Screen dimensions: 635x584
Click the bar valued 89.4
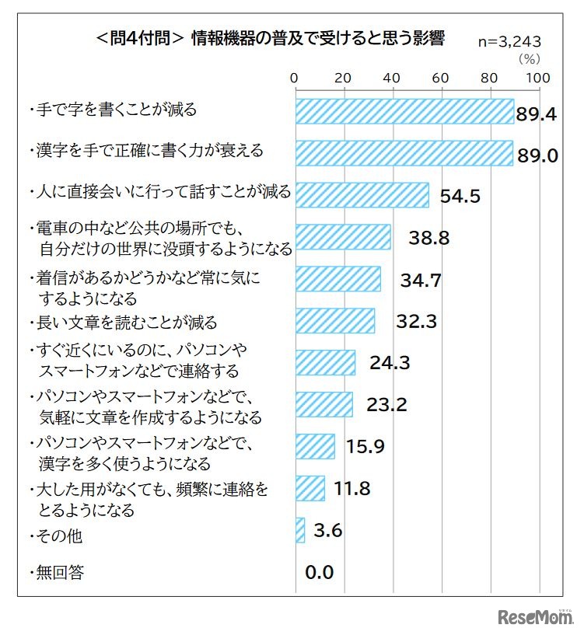404,111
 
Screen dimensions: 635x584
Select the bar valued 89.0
404,153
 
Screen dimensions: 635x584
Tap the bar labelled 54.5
362,194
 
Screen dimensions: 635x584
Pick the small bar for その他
300,531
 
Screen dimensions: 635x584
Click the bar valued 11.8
309,489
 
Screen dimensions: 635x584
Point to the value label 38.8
428,239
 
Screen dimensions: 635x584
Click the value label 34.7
421,281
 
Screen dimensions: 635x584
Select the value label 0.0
319,573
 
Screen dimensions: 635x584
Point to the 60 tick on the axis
441,78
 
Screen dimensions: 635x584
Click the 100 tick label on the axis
538,78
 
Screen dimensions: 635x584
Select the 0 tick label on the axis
295,78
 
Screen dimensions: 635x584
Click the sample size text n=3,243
509,42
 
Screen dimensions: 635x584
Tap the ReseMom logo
535,617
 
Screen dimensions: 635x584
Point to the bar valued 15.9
314,447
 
